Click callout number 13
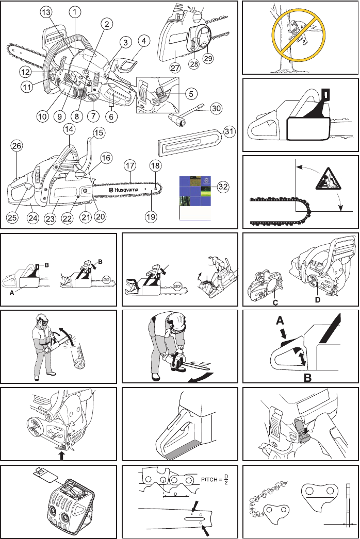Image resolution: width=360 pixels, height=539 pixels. pos(46,12)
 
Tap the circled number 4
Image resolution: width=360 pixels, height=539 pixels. pos(144,41)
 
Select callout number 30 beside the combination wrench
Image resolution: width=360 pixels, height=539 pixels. pos(216,109)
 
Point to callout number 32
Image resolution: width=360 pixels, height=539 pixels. pos(223,187)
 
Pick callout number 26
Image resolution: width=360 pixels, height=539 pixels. pos(17,146)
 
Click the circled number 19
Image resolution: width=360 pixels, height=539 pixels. pos(151,216)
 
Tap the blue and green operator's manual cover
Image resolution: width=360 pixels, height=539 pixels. pos(195,198)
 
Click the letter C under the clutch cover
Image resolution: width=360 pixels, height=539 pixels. pos(275,302)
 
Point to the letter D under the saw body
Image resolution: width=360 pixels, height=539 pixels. pos(317,300)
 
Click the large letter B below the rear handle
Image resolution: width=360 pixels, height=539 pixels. pos(307,377)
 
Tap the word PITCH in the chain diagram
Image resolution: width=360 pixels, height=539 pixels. pos(209,479)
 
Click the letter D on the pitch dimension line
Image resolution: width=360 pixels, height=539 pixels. pos(175,494)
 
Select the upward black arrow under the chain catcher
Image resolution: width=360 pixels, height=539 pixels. pos(61,456)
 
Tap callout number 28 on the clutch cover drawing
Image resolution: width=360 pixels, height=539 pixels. pos(194,63)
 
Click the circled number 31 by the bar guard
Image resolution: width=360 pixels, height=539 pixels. pos(229,131)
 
